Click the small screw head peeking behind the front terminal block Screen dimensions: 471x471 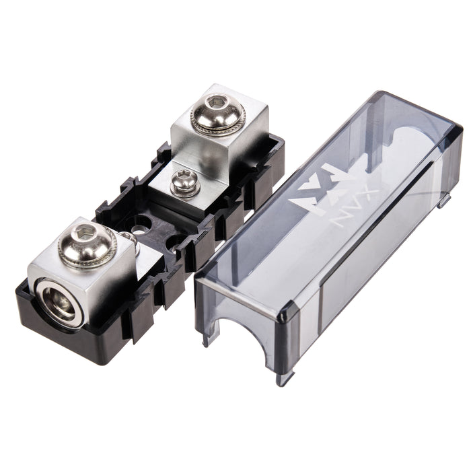pos(126,237)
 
